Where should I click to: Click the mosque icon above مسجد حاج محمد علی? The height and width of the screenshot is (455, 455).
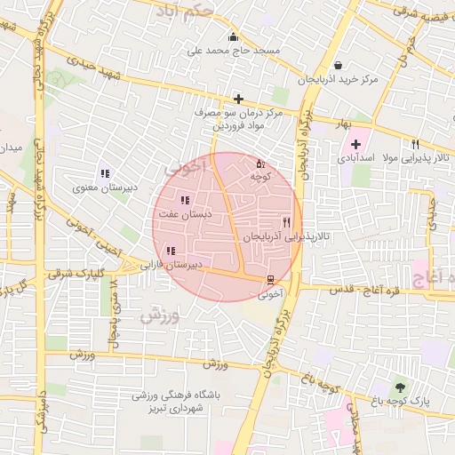tap(234, 36)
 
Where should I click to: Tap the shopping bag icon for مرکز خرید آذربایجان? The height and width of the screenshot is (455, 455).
tap(339, 65)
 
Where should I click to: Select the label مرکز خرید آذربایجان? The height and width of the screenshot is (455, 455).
tap(339, 80)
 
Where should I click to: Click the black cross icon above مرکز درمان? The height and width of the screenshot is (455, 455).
tap(238, 99)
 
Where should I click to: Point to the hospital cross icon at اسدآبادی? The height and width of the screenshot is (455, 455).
tap(356, 143)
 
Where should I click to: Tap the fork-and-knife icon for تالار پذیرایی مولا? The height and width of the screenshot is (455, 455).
tap(415, 143)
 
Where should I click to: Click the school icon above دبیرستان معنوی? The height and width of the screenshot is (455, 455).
tap(105, 174)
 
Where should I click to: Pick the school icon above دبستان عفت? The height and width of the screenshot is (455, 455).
tap(184, 201)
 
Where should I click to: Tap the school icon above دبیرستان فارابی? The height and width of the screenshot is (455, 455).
tap(170, 251)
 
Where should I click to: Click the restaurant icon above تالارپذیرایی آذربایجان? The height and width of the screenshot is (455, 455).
tap(285, 222)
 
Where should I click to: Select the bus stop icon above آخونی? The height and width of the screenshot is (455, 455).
tap(271, 279)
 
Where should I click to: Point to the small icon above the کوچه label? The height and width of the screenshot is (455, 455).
tap(260, 164)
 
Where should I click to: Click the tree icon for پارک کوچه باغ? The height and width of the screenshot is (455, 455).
tap(399, 387)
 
